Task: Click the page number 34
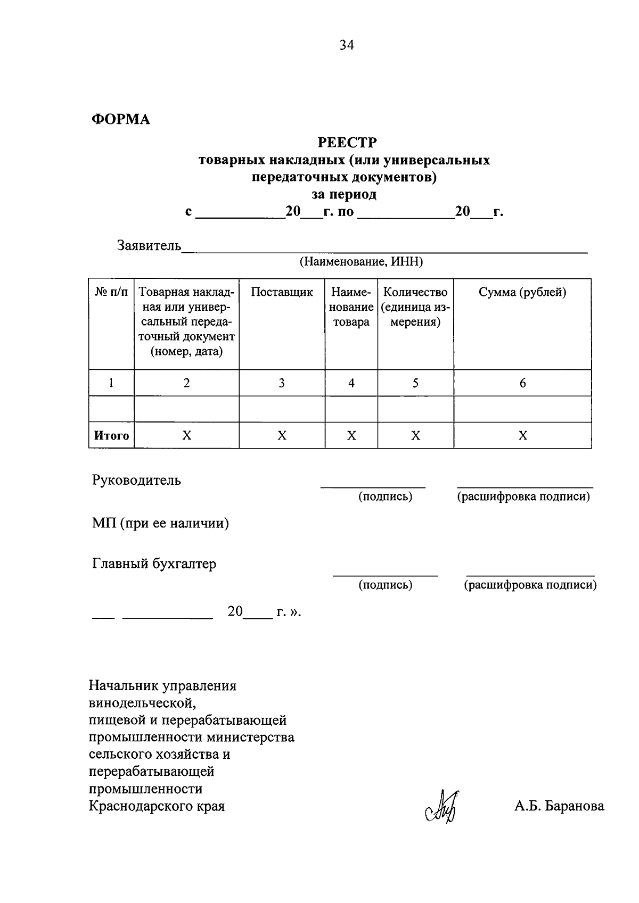[347, 45]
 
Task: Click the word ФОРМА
[121, 119]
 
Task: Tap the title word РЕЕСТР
[347, 143]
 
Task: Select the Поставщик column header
[282, 292]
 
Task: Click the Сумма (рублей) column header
[522, 292]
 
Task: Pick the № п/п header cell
[111, 292]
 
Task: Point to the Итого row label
[111, 436]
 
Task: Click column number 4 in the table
[351, 383]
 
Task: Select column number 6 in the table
[522, 383]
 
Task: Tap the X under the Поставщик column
[282, 436]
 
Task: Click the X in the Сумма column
[522, 436]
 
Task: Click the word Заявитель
[149, 246]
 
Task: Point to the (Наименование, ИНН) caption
[361, 262]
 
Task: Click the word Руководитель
[136, 480]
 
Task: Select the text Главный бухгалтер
[154, 564]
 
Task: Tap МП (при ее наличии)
[160, 524]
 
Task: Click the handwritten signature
[444, 806]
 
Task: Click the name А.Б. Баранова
[559, 806]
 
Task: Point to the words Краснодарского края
[157, 806]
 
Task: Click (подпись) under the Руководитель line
[385, 496]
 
